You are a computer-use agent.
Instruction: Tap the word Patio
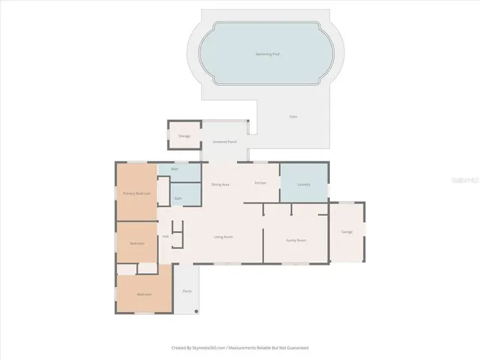(293, 117)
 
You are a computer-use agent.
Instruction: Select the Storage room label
(184, 136)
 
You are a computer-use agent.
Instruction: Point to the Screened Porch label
(224, 141)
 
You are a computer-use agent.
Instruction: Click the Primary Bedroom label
(136, 193)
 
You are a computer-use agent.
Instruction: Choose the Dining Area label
(220, 184)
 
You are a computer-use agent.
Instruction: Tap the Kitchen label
(261, 183)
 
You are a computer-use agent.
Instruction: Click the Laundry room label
(304, 184)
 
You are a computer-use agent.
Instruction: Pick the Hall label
(165, 236)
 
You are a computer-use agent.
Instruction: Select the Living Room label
(223, 237)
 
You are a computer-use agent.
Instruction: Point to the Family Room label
(295, 240)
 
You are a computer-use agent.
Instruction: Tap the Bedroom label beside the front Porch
(144, 294)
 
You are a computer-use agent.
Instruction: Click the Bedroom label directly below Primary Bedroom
(136, 244)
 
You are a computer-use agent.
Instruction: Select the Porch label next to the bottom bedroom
(187, 291)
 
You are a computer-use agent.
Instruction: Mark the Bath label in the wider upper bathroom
(174, 169)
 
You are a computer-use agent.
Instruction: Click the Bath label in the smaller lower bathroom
(178, 198)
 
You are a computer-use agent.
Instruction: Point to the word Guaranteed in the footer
(295, 347)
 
